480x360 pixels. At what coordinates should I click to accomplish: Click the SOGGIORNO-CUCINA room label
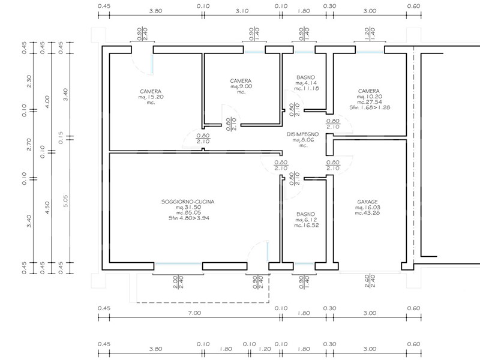[x=188, y=202]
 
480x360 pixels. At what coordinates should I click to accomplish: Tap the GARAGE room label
[x=367, y=202]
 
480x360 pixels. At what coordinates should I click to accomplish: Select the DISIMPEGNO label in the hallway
[x=302, y=134]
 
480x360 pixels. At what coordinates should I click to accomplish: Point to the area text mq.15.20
[x=151, y=97]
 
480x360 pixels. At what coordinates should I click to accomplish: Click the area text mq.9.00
[x=241, y=86]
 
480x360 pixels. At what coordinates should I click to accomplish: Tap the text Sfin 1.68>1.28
[x=370, y=107]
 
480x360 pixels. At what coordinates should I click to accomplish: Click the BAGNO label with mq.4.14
[x=305, y=78]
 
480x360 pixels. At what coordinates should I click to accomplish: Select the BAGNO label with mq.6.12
[x=305, y=214]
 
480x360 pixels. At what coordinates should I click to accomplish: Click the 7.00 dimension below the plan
[x=194, y=313]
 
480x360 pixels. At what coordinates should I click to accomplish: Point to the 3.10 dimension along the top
[x=242, y=11]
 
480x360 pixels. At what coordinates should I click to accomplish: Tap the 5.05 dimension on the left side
[x=65, y=201]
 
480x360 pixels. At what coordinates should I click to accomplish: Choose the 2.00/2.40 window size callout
[x=178, y=282]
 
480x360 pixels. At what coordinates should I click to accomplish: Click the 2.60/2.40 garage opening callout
[x=370, y=281]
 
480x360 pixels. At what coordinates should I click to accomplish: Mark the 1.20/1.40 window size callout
[x=370, y=34]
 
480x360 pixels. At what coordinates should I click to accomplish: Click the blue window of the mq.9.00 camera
[x=254, y=52]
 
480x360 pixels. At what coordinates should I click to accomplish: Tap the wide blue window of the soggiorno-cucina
[x=178, y=263]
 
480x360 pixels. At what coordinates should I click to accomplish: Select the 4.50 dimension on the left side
[x=47, y=208]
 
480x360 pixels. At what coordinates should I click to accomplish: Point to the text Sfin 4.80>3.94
[x=188, y=218]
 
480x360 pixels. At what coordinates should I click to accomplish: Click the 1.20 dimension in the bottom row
[x=265, y=349]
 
